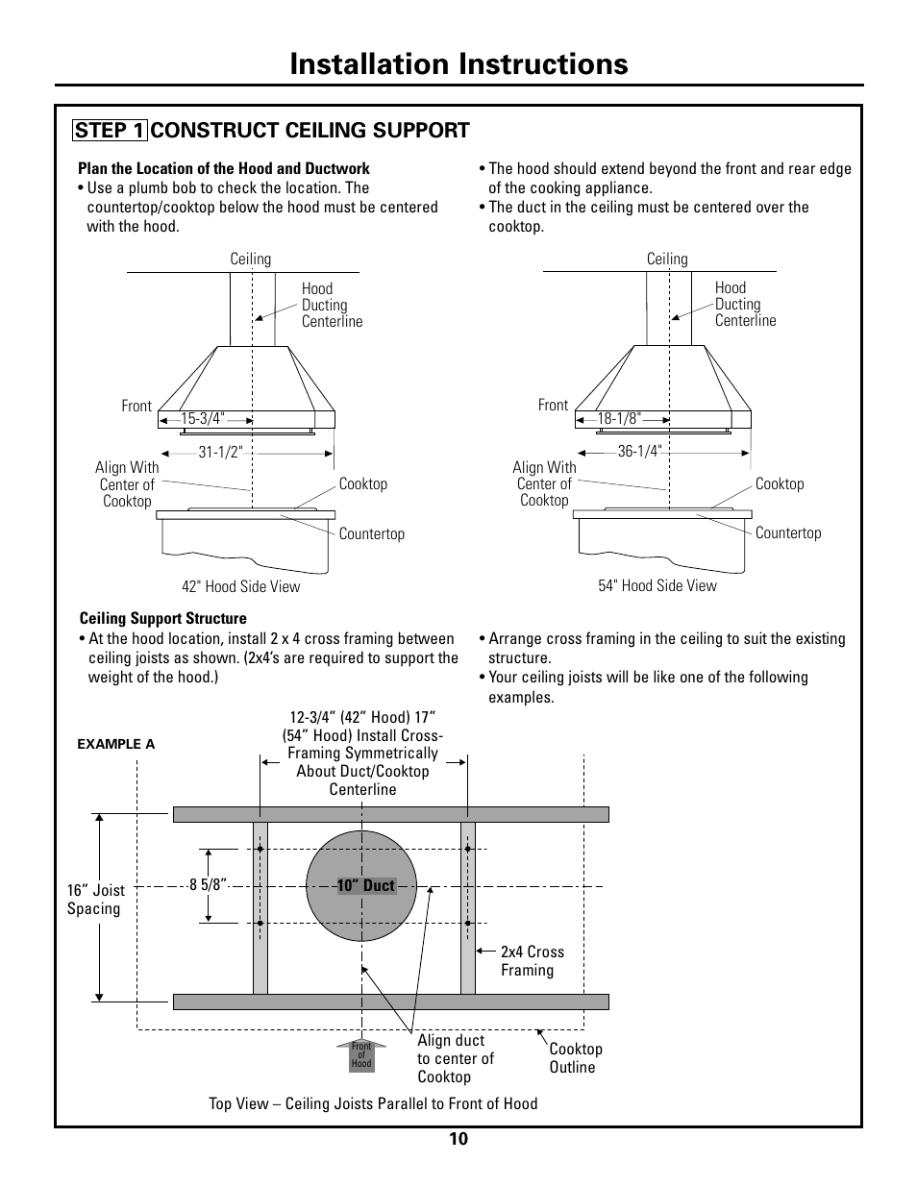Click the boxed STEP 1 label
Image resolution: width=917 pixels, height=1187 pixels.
tap(111, 131)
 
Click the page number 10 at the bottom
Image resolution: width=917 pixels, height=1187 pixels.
tap(458, 1140)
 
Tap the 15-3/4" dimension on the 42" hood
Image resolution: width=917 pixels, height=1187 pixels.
tap(203, 419)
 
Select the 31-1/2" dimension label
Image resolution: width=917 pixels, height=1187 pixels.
tap(221, 452)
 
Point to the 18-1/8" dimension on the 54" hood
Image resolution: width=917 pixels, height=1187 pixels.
tap(619, 419)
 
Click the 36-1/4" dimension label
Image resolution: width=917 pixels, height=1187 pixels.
tap(639, 452)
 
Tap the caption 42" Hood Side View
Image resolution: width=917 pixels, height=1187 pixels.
tap(240, 587)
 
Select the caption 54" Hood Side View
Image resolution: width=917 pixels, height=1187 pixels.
tap(657, 586)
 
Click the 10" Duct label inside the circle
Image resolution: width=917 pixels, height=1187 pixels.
tap(365, 886)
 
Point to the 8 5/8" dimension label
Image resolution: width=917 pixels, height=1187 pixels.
tap(207, 885)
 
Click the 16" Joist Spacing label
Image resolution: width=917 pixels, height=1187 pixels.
tap(95, 900)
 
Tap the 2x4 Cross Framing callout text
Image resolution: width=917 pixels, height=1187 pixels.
tap(532, 961)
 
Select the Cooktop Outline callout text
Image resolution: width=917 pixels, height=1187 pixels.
tap(575, 1058)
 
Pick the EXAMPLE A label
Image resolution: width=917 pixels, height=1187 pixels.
tap(115, 744)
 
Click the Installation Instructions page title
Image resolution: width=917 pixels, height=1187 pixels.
tap(458, 63)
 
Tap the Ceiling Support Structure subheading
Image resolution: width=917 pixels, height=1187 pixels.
tap(162, 619)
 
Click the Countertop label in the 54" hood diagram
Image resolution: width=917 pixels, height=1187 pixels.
tap(788, 533)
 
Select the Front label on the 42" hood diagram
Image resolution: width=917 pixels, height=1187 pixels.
tap(136, 407)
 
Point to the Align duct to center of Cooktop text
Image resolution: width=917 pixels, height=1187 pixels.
tap(455, 1058)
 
